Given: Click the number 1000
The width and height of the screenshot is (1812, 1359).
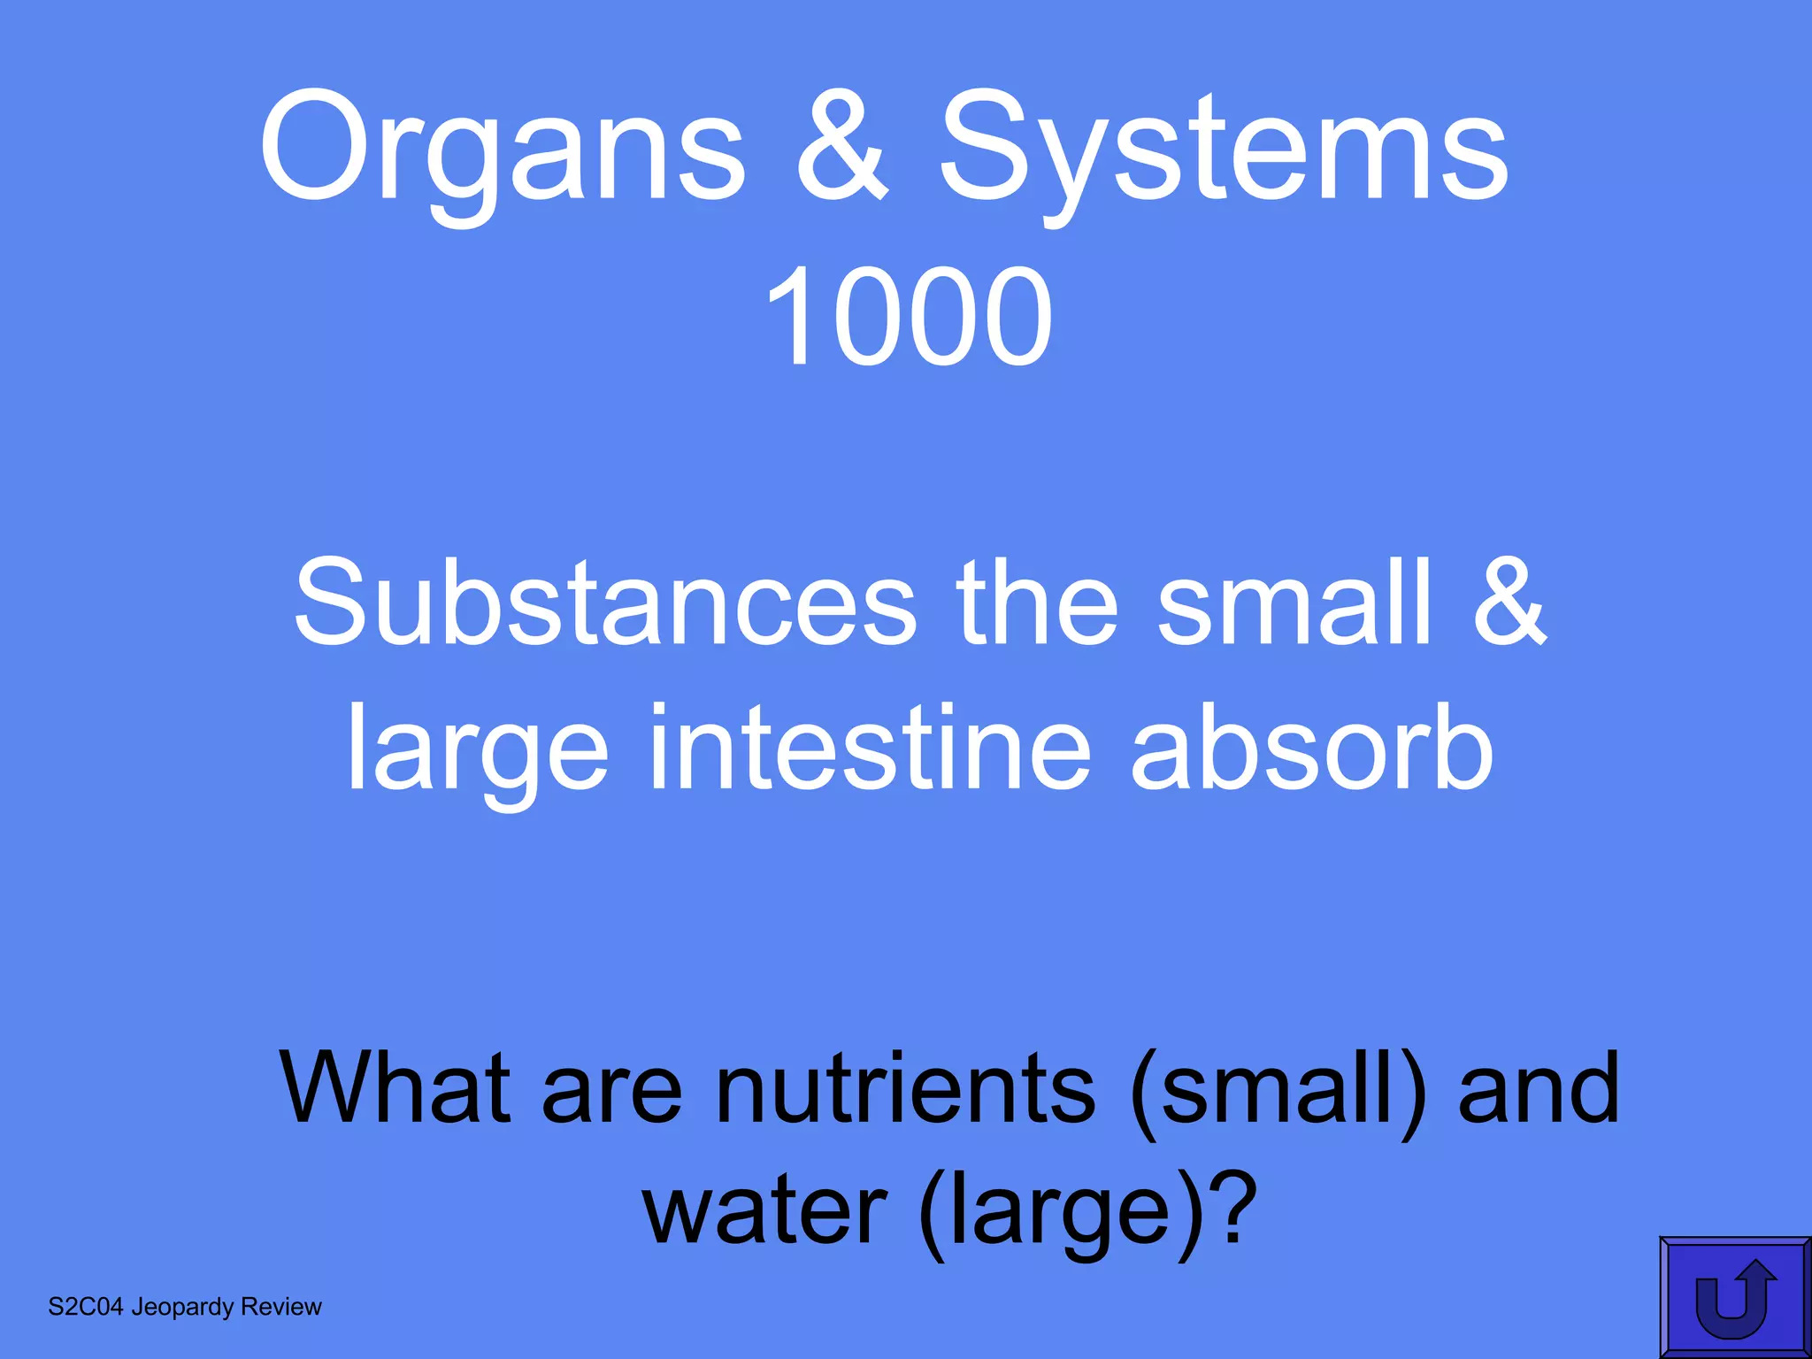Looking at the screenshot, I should click(x=908, y=319).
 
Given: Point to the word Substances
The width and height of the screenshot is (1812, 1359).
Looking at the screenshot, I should click(x=605, y=603).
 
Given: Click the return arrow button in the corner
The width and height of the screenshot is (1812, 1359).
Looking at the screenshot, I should click(x=1734, y=1297).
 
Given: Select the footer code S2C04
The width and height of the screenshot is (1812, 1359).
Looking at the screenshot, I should click(x=86, y=1307).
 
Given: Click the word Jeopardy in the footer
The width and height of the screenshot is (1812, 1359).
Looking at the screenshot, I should click(x=182, y=1308).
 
